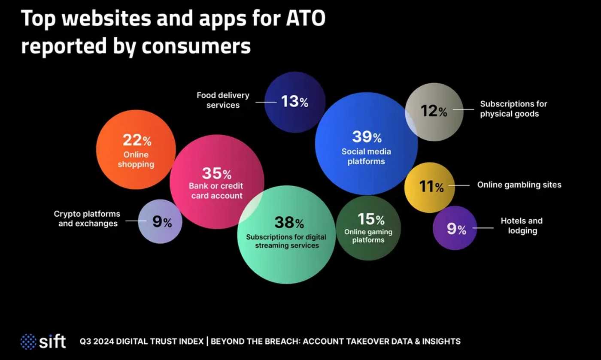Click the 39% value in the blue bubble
[367, 137]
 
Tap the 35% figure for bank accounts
[216, 174]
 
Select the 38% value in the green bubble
[289, 223]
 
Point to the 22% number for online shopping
[137, 140]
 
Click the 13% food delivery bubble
[294, 102]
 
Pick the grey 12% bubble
[434, 112]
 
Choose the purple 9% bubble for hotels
[456, 229]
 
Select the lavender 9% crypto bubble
[161, 222]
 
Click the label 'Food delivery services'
[223, 100]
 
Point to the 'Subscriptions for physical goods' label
[513, 109]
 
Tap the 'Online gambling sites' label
[519, 185]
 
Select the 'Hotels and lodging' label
[522, 226]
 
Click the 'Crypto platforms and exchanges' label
[87, 218]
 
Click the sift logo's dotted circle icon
[28, 342]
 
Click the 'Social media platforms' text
[366, 157]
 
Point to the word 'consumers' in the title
[197, 46]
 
